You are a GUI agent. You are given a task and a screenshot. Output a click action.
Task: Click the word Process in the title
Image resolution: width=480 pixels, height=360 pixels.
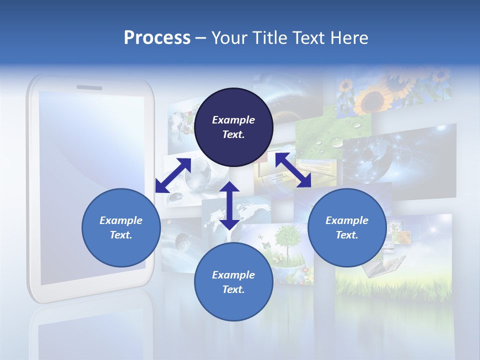157,38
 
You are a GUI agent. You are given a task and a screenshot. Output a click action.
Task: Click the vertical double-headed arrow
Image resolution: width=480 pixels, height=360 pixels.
229,205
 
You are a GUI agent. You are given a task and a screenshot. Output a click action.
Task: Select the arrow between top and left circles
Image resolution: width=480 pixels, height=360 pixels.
173,175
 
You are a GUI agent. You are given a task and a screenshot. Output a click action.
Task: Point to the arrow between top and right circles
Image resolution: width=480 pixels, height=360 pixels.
293,170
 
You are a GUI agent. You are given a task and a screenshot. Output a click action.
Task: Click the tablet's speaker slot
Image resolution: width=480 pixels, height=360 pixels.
89,87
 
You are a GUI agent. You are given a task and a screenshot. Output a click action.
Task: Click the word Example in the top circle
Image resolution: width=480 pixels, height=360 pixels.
233,120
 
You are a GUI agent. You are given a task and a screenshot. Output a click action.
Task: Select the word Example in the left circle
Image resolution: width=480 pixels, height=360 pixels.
121,220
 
